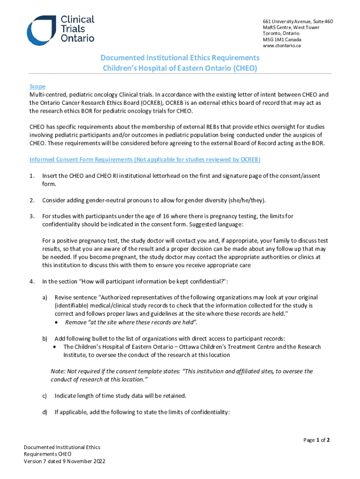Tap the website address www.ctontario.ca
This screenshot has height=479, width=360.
pos(281,46)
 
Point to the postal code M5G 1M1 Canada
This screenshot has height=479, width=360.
pos(281,40)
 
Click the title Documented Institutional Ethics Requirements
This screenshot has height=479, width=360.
pos(180,58)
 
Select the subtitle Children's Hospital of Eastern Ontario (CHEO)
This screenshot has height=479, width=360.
pos(180,68)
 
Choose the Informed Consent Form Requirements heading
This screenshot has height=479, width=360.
pos(145,160)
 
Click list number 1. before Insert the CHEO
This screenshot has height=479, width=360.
pos(32,175)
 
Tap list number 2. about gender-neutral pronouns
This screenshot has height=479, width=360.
pos(32,200)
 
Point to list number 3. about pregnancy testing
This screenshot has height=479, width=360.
pos(32,216)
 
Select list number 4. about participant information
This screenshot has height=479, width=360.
pos(32,281)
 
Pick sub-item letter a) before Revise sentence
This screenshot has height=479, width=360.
pos(45,298)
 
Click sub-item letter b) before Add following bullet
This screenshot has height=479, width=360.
pos(45,338)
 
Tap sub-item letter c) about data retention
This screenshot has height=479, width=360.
pos(45,396)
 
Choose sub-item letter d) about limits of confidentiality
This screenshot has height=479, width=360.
pos(45,412)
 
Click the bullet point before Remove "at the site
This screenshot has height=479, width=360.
pos(57,322)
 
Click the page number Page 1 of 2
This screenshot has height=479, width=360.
pos(317,440)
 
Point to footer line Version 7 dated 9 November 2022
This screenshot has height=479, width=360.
pos(65,461)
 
